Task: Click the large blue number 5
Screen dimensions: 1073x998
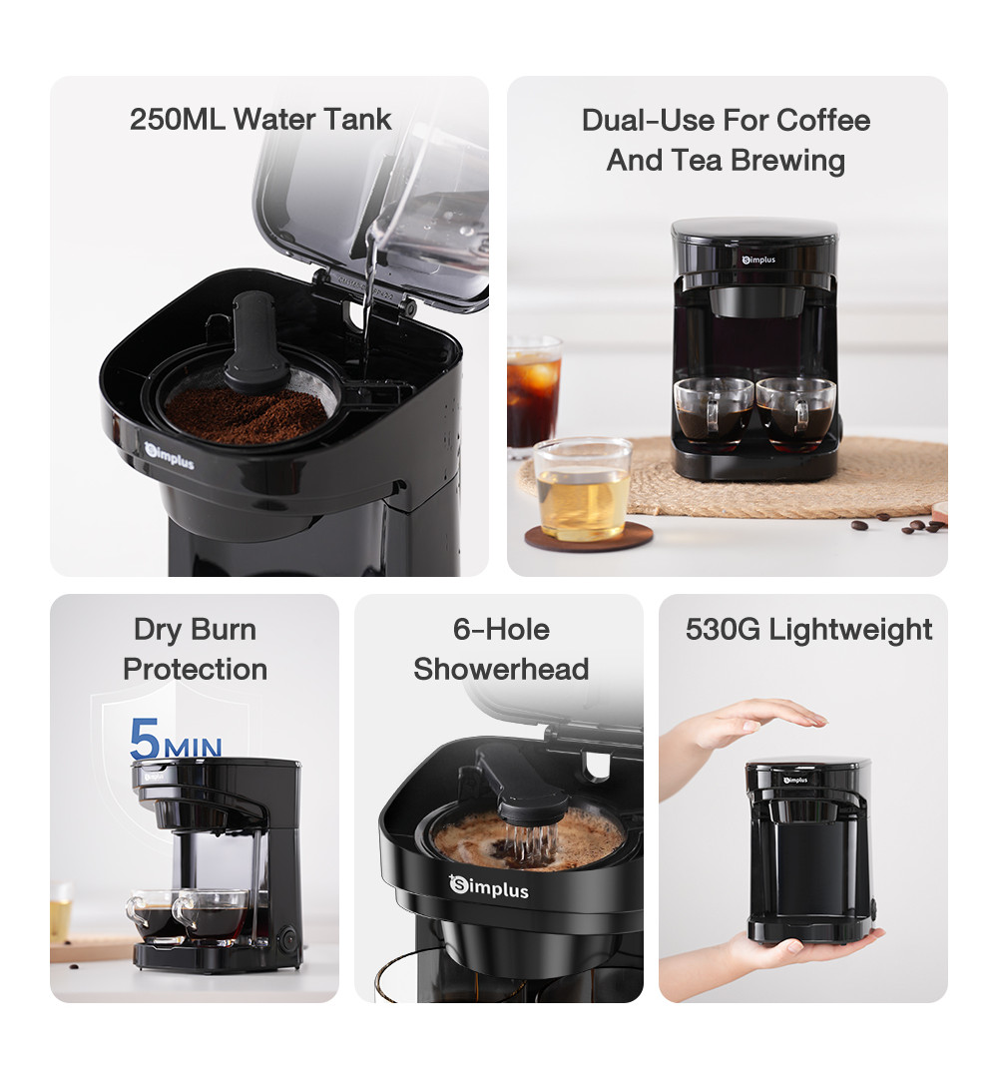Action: coord(146,739)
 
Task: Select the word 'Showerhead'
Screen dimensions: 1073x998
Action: coord(501,669)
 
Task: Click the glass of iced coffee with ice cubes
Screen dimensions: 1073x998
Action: coord(533,394)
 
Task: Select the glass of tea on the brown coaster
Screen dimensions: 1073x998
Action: coord(583,490)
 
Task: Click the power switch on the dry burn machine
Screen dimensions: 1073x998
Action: coord(288,937)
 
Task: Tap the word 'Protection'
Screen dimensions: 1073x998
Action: coord(195,669)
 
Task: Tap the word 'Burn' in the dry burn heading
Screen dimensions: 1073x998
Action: coord(224,630)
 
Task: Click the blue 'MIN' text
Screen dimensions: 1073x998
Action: coord(193,746)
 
